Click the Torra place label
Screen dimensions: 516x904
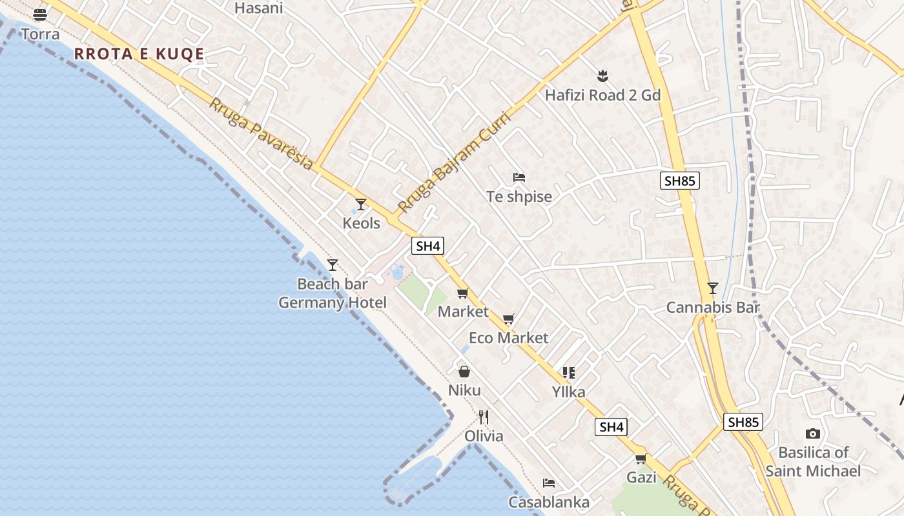(x=40, y=34)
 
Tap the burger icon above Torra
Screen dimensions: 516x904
(x=40, y=14)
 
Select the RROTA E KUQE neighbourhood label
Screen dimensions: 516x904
(x=139, y=54)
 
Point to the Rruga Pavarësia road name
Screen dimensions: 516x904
(x=261, y=134)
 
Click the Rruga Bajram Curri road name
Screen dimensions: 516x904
(x=454, y=162)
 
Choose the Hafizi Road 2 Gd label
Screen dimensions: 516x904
(x=602, y=95)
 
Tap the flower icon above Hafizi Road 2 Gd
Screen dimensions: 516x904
(x=602, y=76)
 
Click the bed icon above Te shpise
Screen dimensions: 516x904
(x=519, y=177)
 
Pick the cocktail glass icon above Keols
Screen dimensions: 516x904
(x=361, y=204)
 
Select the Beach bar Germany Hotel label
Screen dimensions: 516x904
(x=333, y=293)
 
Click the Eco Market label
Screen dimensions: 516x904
(x=508, y=338)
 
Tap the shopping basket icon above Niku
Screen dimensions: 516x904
(x=464, y=372)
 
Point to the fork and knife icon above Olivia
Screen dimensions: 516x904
(x=484, y=417)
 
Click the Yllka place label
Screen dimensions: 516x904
(x=568, y=392)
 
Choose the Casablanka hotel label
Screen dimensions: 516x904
(x=548, y=502)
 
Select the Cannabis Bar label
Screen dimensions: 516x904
(x=712, y=308)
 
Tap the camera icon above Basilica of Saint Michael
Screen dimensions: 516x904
(x=813, y=433)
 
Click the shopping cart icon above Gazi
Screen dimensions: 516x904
(x=641, y=459)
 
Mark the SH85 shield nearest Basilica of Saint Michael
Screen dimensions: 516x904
(x=743, y=422)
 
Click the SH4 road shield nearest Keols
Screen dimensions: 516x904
(x=427, y=246)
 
